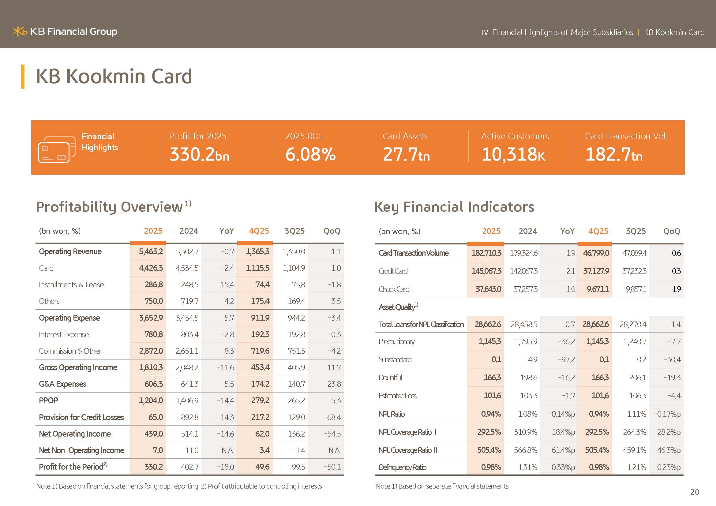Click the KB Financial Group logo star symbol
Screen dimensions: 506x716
(20, 32)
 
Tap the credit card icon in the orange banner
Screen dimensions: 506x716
(56, 150)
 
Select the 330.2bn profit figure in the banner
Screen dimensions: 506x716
(199, 154)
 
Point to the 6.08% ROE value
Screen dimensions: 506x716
(310, 154)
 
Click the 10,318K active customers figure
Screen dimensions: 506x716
(513, 154)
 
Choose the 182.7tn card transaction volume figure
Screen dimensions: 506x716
(614, 154)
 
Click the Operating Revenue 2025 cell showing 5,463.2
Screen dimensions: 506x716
(151, 252)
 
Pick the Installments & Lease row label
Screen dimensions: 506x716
(71, 285)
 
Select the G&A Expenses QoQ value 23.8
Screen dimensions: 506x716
(334, 384)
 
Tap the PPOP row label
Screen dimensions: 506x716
(48, 401)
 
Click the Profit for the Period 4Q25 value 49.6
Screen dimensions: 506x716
(262, 467)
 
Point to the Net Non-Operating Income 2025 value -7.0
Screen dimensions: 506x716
(155, 451)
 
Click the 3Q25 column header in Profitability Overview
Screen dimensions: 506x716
(294, 231)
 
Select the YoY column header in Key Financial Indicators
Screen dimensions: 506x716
(567, 232)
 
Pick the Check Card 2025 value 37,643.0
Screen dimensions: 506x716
(488, 289)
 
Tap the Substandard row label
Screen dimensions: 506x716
(395, 360)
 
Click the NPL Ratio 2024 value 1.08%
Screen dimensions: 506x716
(527, 415)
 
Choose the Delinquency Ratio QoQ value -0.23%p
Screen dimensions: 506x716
(667, 468)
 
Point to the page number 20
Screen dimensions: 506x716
(695, 492)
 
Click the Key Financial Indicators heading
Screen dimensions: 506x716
(454, 207)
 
